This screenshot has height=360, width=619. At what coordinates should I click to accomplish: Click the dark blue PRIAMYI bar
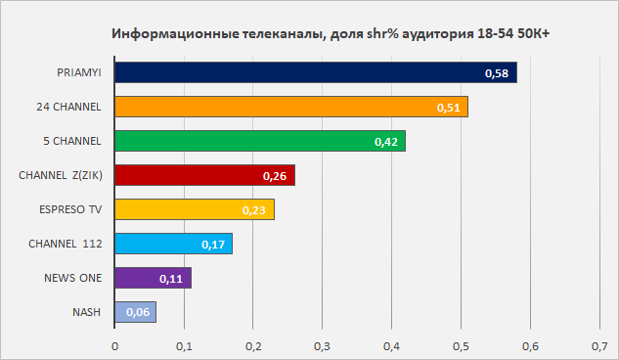[x=316, y=72]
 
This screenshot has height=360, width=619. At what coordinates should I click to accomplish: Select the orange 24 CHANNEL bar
[x=291, y=107]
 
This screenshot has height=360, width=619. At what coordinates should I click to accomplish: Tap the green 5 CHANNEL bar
[x=260, y=141]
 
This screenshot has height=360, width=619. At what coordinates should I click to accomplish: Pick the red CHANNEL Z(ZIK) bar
[x=205, y=175]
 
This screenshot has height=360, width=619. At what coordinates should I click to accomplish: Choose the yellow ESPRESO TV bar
[x=195, y=209]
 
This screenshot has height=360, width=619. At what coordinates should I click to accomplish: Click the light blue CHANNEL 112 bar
[x=174, y=244]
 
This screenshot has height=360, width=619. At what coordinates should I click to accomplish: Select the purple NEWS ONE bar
[x=154, y=278]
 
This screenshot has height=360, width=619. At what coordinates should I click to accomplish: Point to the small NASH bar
[x=135, y=312]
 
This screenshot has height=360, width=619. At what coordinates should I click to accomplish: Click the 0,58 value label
[x=497, y=73]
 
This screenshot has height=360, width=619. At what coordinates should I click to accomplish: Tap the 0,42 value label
[x=386, y=142]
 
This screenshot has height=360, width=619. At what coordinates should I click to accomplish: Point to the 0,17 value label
[x=213, y=245]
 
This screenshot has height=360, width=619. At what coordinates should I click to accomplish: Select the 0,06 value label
[x=138, y=312]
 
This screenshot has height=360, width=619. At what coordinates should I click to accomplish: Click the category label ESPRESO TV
[x=70, y=209]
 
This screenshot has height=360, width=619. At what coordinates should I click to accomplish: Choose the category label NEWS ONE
[x=73, y=278]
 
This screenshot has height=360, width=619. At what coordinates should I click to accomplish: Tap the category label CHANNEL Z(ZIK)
[x=61, y=175]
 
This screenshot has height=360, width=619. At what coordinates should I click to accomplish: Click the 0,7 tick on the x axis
[x=599, y=346]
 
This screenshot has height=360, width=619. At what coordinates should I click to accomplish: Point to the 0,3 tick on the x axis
[x=322, y=346]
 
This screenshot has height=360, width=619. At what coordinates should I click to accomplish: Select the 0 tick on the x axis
[x=114, y=346]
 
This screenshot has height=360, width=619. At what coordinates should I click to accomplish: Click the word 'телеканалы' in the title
[x=283, y=34]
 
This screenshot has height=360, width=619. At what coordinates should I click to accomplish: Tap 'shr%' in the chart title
[x=383, y=33]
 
